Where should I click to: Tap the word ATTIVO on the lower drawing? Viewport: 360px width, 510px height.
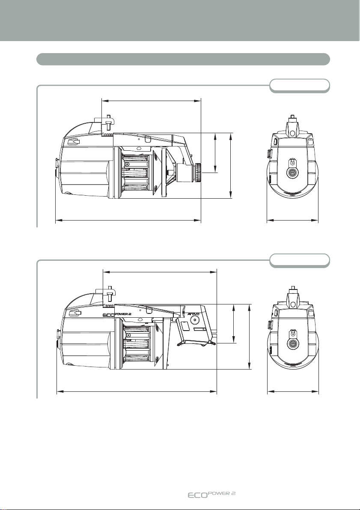194,314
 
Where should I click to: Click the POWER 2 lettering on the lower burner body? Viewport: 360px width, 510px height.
122,314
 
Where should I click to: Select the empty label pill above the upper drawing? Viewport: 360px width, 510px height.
300,86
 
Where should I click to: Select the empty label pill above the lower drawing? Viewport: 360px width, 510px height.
300,260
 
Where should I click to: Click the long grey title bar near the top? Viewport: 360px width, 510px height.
183,59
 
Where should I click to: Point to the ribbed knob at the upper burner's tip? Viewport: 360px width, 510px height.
198,173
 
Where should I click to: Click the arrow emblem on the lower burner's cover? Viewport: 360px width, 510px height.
75,313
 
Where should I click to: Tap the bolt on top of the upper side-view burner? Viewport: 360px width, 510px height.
108,121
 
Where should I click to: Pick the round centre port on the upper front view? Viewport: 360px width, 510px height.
292,172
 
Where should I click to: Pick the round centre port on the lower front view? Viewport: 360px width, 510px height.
292,344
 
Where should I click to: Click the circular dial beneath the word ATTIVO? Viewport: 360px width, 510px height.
195,320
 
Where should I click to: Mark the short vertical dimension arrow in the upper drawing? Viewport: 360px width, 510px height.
215,153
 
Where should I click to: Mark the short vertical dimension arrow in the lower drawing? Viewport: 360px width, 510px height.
234,323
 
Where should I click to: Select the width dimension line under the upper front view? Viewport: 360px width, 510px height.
292,220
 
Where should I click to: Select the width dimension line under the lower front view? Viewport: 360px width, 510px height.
293,392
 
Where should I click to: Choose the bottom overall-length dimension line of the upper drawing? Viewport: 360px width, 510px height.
128,220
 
